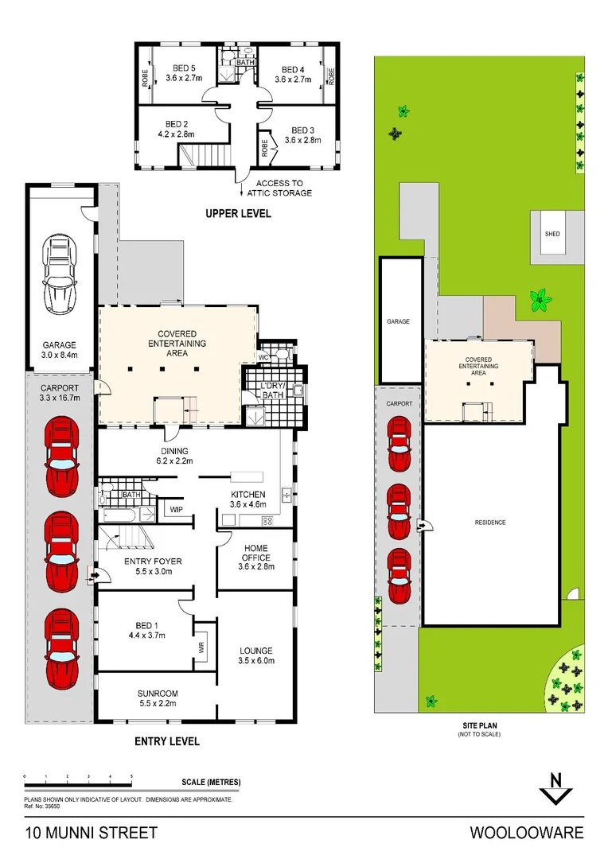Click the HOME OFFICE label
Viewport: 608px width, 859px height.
256,562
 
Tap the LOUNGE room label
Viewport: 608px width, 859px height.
256,651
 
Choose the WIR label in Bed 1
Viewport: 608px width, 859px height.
201,649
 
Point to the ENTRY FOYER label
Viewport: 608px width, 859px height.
153,561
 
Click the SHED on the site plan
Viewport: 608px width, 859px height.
551,235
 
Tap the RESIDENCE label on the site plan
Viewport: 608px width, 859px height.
489,523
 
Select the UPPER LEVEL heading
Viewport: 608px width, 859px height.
238,213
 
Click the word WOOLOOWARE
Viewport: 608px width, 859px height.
526,833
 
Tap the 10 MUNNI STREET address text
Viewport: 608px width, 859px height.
91,833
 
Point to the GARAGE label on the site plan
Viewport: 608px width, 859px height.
398,321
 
